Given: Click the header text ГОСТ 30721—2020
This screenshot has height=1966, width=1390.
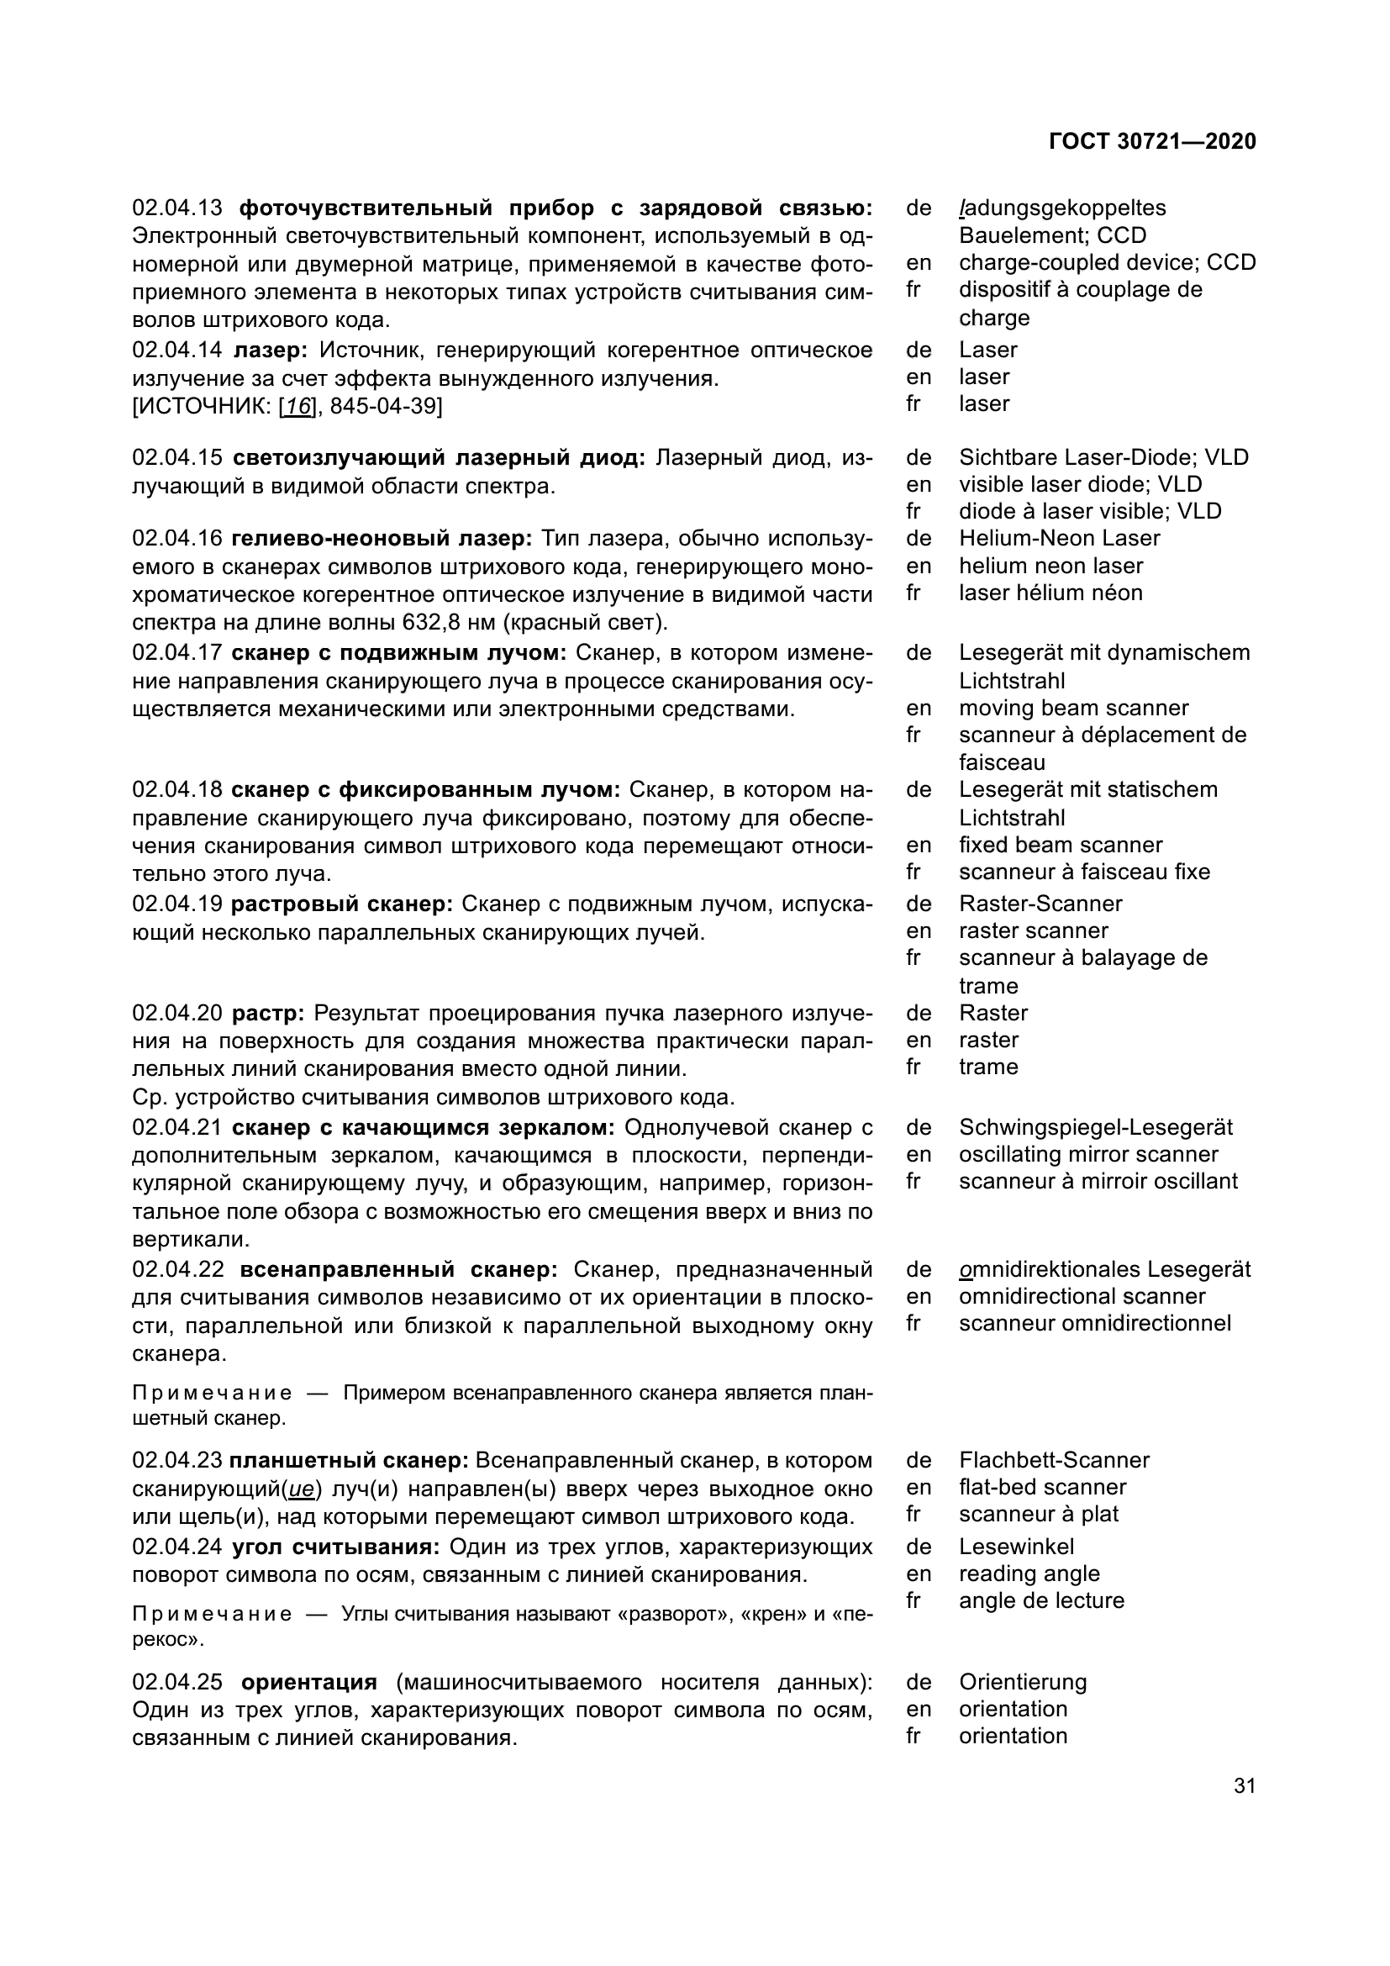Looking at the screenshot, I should point(1152,141).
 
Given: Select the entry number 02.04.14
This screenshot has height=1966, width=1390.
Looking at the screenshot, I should point(177,351).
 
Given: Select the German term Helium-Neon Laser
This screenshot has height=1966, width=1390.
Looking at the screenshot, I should point(1059,539).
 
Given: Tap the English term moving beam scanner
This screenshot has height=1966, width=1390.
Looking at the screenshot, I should point(1073,708).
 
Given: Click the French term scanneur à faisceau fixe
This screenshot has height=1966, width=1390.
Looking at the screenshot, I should point(1083,872).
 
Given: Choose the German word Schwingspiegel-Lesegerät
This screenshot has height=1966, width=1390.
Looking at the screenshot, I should point(1096,1128).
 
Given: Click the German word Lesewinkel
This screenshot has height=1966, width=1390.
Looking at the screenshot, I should point(1016,1547).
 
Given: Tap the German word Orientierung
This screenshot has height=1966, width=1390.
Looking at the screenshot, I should point(1023,1682).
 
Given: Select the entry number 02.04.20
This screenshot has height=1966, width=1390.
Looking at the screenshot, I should point(177,1014).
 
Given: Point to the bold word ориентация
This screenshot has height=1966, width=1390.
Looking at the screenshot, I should point(309,1683).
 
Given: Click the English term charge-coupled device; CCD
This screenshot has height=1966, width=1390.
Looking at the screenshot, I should point(1107,262).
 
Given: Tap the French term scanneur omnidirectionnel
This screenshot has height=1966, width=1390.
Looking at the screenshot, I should point(1094,1323).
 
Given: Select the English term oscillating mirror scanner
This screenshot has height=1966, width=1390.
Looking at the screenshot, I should point(1087,1154).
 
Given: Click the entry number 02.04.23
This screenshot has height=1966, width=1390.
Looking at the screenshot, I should point(177,1460).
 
